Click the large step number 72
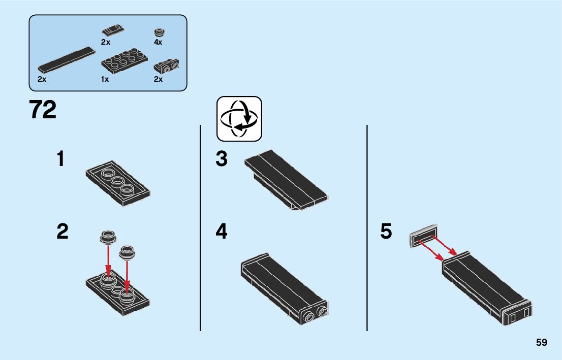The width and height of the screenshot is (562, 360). pyautogui.click(x=43, y=110)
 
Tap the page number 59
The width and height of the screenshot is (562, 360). pyautogui.click(x=541, y=342)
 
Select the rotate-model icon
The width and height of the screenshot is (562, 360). pyautogui.click(x=239, y=119)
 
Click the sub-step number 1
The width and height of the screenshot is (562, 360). pyautogui.click(x=61, y=159)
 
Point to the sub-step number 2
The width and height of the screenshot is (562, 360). pyautogui.click(x=62, y=232)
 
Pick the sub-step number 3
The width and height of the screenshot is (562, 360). pyautogui.click(x=221, y=159)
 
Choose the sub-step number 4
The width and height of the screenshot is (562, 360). pyautogui.click(x=221, y=232)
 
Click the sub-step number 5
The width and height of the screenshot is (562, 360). pyautogui.click(x=386, y=232)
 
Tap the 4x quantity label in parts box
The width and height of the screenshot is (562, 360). pyautogui.click(x=158, y=42)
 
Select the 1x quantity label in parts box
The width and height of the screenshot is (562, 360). pyautogui.click(x=105, y=79)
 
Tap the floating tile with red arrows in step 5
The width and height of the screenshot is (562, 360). pyautogui.click(x=423, y=237)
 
